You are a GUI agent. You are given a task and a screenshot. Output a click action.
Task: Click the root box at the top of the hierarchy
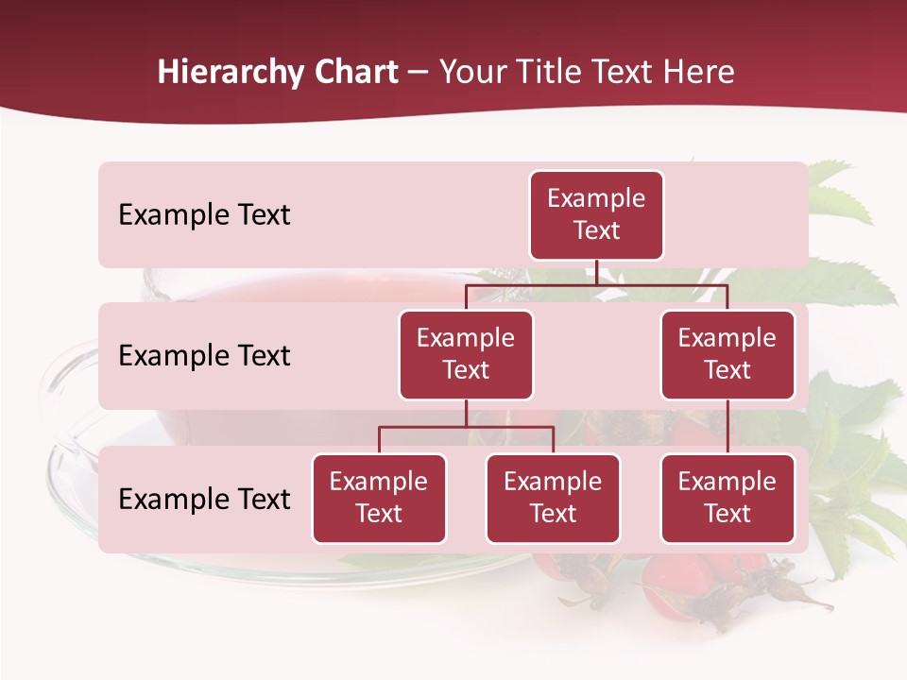tap(596, 214)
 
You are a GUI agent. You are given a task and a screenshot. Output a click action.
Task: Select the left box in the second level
tap(466, 354)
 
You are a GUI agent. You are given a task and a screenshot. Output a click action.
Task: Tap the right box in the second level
tap(727, 354)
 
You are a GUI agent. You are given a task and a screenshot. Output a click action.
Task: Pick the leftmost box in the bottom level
tap(379, 498)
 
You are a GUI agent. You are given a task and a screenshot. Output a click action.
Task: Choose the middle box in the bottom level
tap(553, 498)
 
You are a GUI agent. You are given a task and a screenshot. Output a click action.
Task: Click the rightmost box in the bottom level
tap(727, 498)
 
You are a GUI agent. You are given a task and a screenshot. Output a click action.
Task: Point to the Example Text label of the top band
tap(204, 215)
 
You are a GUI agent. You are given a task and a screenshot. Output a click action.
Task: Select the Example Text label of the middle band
tap(204, 356)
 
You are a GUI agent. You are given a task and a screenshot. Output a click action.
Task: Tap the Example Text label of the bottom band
tap(204, 500)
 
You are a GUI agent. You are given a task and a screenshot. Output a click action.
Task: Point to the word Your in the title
tap(471, 72)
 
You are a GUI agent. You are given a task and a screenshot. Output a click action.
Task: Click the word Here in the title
tap(700, 72)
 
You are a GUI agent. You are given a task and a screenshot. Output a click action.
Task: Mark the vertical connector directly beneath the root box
tap(596, 272)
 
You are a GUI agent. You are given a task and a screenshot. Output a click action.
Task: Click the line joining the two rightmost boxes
tap(727, 426)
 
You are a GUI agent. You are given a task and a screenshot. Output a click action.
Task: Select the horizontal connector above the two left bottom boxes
tap(466, 427)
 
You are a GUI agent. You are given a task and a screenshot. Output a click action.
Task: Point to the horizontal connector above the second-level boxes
tap(596, 284)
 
